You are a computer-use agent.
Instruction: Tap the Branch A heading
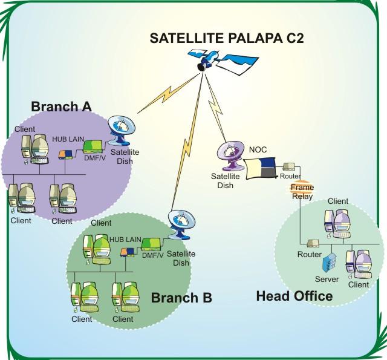tap(61, 106)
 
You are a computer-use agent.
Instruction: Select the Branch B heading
tap(181, 298)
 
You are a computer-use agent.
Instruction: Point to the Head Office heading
tap(294, 296)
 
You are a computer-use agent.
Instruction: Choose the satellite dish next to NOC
tap(230, 157)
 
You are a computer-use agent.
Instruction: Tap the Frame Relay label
tap(302, 191)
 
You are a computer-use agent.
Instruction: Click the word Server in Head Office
tap(327, 279)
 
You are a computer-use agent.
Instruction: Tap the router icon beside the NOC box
tap(288, 166)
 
